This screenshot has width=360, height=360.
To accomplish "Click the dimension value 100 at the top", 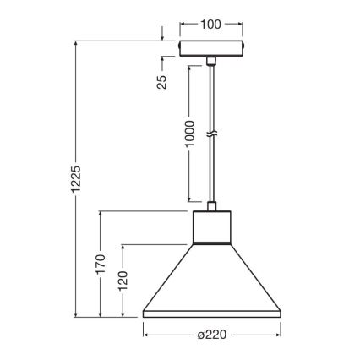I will (x=210, y=24).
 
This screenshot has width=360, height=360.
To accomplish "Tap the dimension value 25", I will (x=162, y=81).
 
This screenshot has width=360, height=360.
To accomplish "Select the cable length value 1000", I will (x=189, y=134).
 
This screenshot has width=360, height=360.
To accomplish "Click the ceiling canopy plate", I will (x=210, y=47).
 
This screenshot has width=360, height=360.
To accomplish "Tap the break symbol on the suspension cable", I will (x=210, y=133).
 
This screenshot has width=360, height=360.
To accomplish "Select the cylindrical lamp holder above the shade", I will (x=210, y=226).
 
